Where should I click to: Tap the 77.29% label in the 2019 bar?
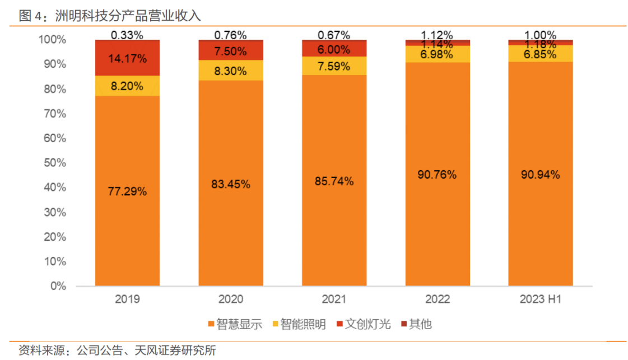tap(127, 191)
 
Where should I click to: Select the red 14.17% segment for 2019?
tap(127, 58)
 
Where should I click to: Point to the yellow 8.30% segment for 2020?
tap(230, 71)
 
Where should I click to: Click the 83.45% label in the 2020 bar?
tap(230, 184)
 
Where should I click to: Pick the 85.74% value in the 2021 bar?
tap(334, 181)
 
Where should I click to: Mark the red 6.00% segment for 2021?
tap(334, 49)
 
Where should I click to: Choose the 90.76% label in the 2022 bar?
tap(437, 174)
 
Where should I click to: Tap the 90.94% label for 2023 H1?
tap(540, 174)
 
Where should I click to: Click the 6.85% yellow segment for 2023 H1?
tap(540, 54)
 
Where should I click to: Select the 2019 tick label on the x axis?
tap(127, 300)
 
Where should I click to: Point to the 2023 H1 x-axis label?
tap(540, 300)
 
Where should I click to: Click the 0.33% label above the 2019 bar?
tap(127, 35)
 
